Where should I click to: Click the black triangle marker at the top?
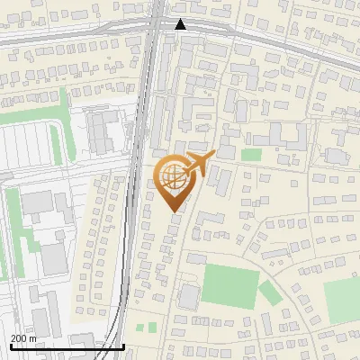pos(181,24)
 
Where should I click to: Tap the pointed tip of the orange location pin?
pos(174,210)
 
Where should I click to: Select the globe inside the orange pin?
pos(173,174)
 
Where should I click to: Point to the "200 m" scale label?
pos(23,338)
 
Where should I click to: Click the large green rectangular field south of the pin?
pos(229,286)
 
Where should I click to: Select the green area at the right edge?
pos(343,300)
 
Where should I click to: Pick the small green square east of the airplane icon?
pos(252,155)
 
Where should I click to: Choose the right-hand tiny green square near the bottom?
pos(152,326)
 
